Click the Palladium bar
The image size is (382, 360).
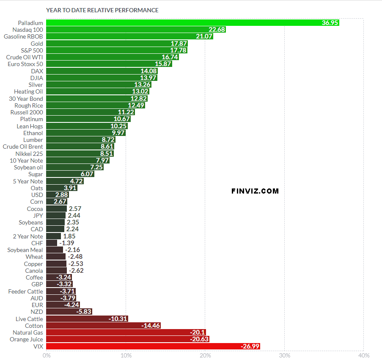pyautogui.click(x=192, y=23)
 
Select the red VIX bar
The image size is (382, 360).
pyautogui.click(x=153, y=346)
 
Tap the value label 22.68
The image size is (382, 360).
pyautogui.click(x=217, y=30)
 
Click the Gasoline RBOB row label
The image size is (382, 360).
pyautogui.click(x=23, y=36)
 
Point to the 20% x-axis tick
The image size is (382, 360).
pyautogui.click(x=205, y=355)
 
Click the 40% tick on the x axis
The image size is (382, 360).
pyautogui.click(x=363, y=355)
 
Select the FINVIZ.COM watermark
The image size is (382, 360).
pyautogui.click(x=255, y=191)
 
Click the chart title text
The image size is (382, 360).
pyautogui.click(x=102, y=10)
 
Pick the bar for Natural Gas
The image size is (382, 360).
pyautogui.click(x=126, y=332)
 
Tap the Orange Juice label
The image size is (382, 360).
pyautogui.click(x=26, y=339)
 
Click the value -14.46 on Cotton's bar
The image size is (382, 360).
pyautogui.click(x=152, y=326)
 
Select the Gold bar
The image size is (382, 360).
pyautogui.click(x=116, y=44)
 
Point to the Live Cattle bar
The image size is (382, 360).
pyautogui.click(x=87, y=319)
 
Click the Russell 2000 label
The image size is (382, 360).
pyautogui.click(x=27, y=112)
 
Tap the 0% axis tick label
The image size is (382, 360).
pyautogui.click(x=47, y=355)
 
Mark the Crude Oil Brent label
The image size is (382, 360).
pyautogui.click(x=23, y=147)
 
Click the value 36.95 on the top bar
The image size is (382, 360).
pyautogui.click(x=330, y=23)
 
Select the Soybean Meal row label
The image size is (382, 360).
pyautogui.click(x=25, y=250)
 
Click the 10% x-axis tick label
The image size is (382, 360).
pyautogui.click(x=126, y=355)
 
